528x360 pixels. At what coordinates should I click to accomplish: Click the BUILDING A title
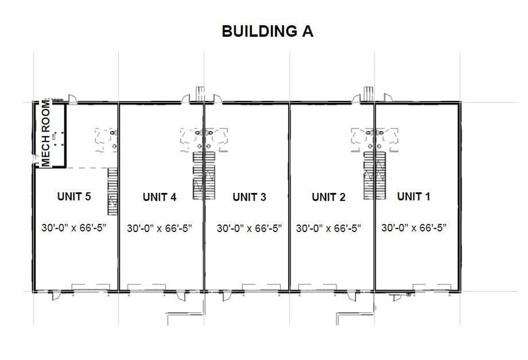[267, 31]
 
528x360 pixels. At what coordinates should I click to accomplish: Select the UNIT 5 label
[74, 197]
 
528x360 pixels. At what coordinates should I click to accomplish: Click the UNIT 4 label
[160, 197]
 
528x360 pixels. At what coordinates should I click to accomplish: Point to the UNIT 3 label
[249, 197]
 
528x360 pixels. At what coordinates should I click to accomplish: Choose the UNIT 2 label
[329, 197]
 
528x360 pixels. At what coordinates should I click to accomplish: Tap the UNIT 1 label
[414, 197]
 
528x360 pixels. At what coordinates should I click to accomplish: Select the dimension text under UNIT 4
[160, 228]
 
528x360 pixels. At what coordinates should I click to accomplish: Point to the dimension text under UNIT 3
[249, 228]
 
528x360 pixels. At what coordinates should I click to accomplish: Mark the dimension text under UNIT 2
[329, 228]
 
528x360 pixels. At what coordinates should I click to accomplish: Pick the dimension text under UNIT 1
[414, 228]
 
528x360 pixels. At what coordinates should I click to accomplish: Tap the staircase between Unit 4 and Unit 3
[199, 176]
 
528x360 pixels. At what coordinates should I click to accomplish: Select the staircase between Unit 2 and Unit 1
[370, 176]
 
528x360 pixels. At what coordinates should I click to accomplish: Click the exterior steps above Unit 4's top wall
[199, 92]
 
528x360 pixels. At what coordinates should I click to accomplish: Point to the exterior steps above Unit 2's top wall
[368, 92]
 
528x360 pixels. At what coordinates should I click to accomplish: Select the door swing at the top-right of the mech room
[72, 98]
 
